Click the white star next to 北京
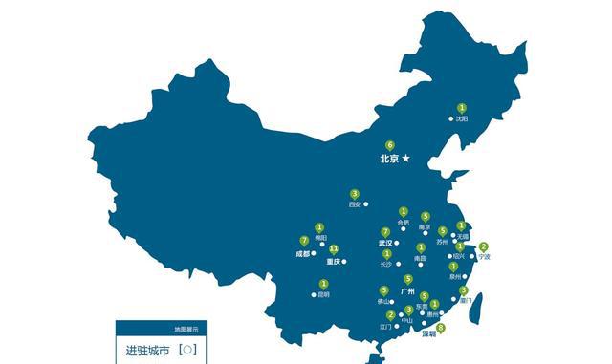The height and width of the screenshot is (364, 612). pos(405,158)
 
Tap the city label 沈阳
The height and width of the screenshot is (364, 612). pos(462,119)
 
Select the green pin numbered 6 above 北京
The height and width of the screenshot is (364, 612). pos(389,145)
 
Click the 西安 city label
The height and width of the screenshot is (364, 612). pos(355,204)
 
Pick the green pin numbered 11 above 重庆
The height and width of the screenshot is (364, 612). pos(334,248)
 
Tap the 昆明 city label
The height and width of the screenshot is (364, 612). pos(323,294)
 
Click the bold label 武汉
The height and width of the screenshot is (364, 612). pos(384,243)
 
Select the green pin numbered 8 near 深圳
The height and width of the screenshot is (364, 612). pos(440,328)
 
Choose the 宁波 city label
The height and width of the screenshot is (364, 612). pos(484,257)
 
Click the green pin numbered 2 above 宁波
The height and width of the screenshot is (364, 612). pos(483,246)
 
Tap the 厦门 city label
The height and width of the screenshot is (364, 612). pos(464,300)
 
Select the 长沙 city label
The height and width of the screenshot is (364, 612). pos(384,264)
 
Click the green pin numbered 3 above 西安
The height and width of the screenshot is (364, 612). pos(355,194)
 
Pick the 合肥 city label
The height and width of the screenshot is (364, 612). pos(403,223)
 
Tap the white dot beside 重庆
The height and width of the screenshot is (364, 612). pos(344,261)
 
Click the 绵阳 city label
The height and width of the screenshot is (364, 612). pos(319,237)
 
